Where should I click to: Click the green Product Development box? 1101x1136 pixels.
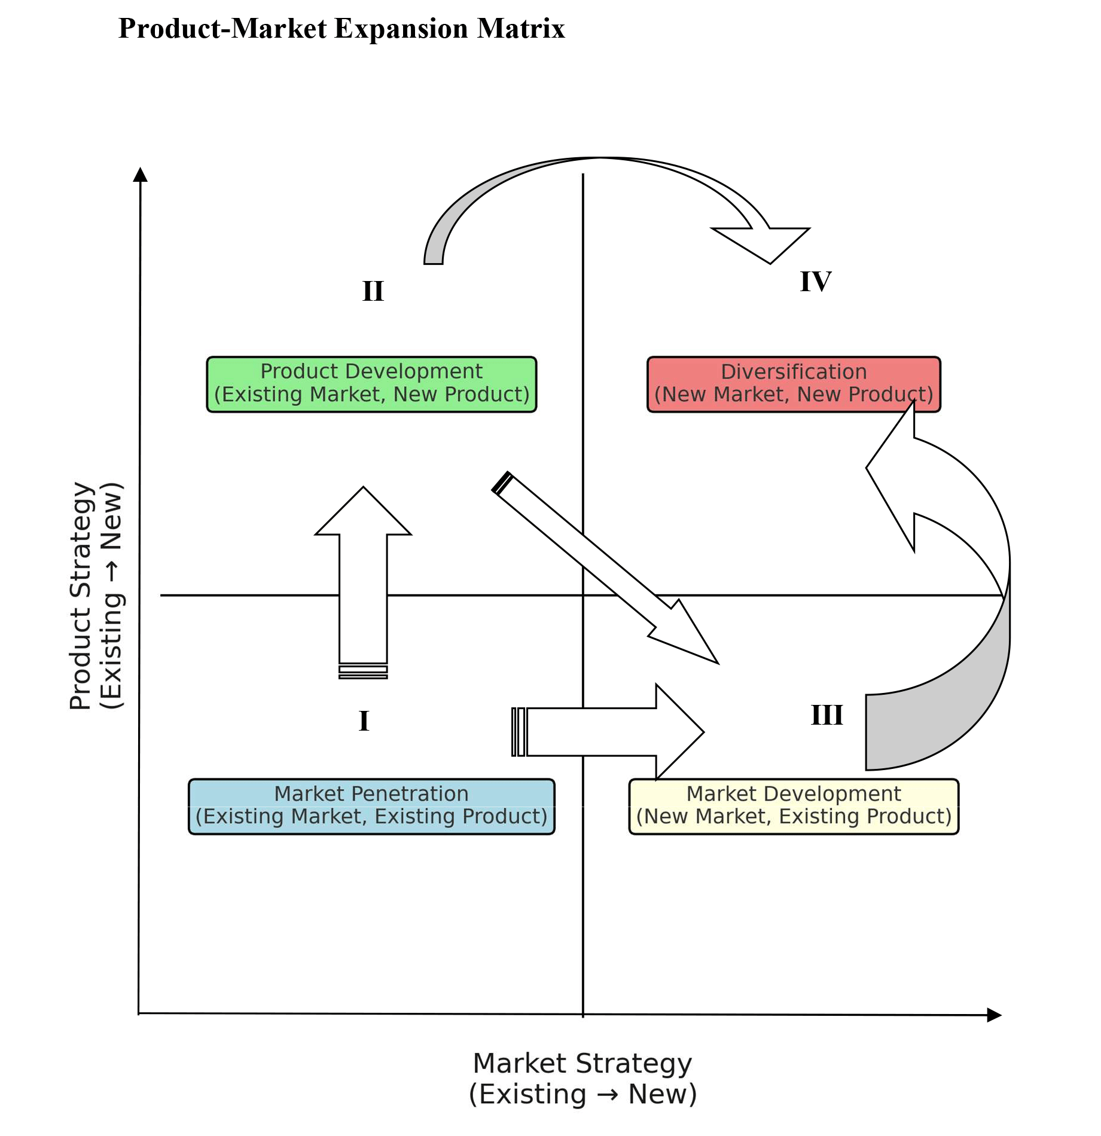point(371,384)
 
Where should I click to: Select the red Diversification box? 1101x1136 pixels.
point(794,384)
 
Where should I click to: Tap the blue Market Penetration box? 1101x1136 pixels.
point(371,806)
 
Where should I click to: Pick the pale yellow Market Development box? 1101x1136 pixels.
point(794,806)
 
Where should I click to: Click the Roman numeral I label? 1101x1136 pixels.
point(364,721)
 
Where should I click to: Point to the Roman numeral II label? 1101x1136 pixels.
point(373,291)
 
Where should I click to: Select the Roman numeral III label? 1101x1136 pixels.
point(826,715)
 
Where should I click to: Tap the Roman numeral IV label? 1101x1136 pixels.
point(816,282)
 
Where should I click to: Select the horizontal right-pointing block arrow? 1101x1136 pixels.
point(610,732)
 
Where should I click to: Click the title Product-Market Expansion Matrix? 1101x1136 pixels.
point(341,29)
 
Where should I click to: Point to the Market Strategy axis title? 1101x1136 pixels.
point(582,1079)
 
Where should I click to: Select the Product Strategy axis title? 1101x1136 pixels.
point(96,596)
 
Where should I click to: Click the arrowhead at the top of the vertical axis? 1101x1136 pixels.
point(141,174)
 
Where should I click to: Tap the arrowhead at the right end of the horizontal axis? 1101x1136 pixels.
point(994,1015)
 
